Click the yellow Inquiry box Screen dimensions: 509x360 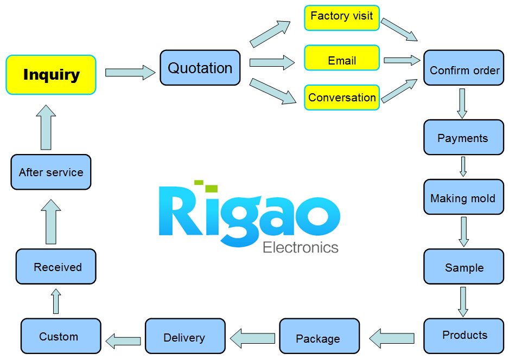click(51, 75)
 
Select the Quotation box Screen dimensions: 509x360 click(200, 68)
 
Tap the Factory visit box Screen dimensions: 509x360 click(342, 18)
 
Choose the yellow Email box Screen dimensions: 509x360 click(342, 57)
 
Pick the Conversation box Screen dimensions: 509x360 click(342, 97)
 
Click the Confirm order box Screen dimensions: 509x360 click(463, 68)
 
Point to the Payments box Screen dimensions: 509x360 click(463, 137)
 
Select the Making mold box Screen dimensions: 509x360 click(463, 197)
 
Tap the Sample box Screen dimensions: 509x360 click(463, 267)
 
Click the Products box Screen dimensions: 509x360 click(463, 336)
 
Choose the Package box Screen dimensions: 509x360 click(320, 336)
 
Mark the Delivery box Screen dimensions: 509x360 click(185, 336)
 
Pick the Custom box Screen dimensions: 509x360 click(61, 336)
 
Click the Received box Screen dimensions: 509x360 click(56, 267)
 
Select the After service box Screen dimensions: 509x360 click(51, 172)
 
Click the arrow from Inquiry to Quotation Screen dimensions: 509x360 click(130, 72)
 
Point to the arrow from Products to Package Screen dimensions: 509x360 click(392, 338)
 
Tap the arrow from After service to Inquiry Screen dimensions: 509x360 click(46, 127)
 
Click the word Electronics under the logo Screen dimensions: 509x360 click(301, 248)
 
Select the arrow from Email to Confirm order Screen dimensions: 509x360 click(402, 60)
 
